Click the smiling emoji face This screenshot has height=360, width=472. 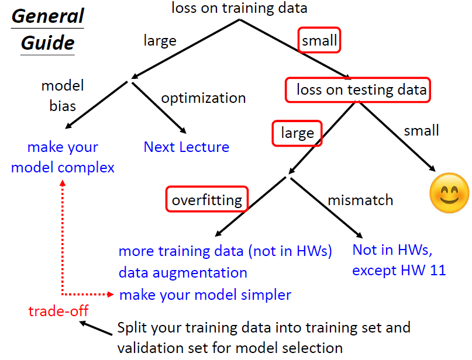[449, 193]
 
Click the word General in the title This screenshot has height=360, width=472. [47, 16]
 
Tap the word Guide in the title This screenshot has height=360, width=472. [47, 43]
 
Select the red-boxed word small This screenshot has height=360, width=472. [319, 40]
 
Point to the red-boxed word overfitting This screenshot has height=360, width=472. [207, 200]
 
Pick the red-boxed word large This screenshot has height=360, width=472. [297, 133]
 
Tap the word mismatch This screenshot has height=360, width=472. [360, 200]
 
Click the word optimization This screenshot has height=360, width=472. [204, 98]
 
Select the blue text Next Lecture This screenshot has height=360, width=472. [187, 147]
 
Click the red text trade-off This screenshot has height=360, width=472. [58, 311]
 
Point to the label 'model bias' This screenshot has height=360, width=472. [63, 96]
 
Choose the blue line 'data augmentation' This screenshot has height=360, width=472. [182, 273]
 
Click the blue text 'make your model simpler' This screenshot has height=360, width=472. [205, 295]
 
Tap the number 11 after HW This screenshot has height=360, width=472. [437, 270]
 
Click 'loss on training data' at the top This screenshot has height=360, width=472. [239, 8]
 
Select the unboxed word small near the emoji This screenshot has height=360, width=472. [421, 130]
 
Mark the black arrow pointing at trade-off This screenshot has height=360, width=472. [96, 328]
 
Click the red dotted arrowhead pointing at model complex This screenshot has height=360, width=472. [63, 183]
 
